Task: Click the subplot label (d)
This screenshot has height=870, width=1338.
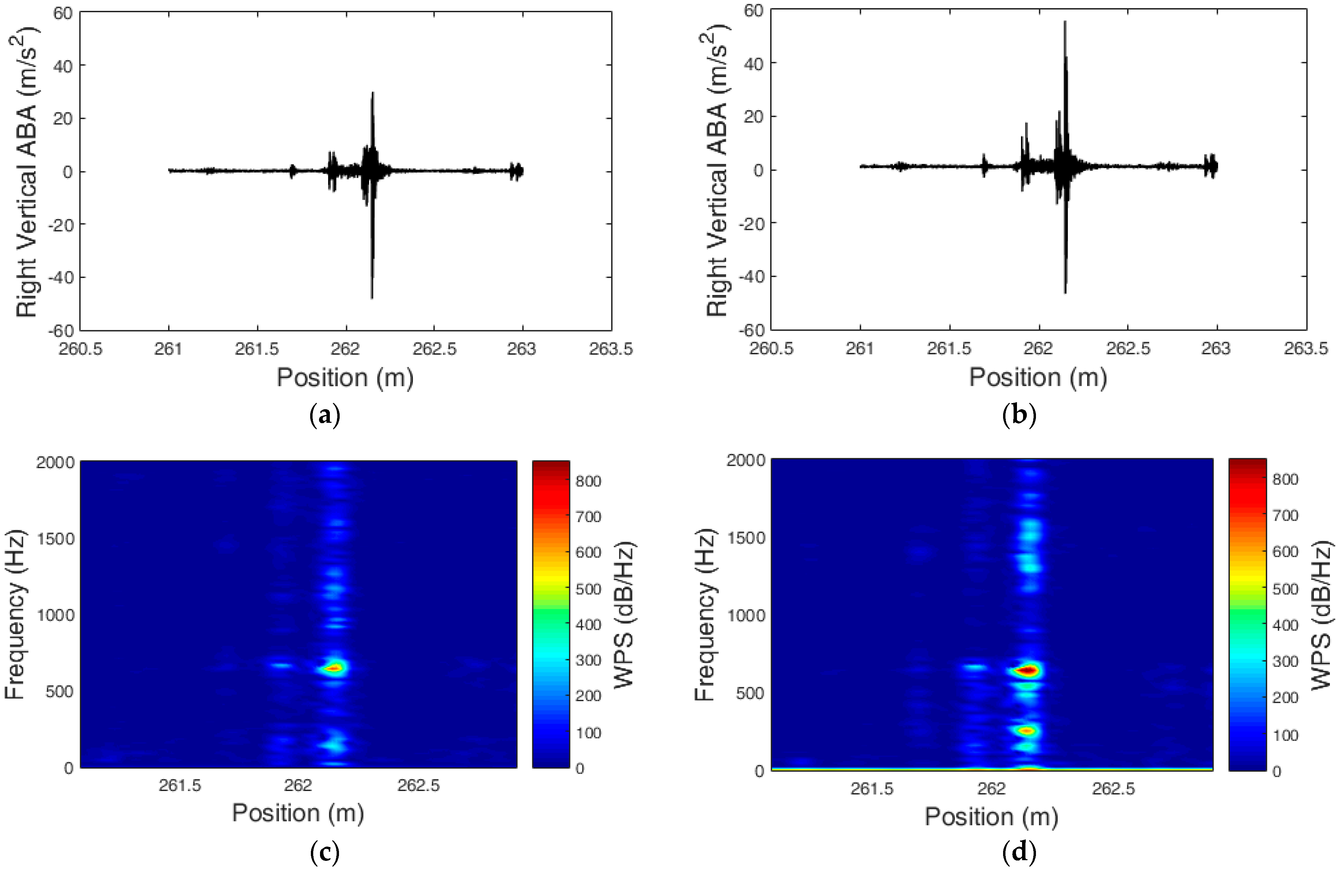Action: [1019, 853]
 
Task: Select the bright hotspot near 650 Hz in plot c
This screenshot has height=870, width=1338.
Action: [335, 668]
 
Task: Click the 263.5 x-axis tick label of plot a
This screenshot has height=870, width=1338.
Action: [611, 349]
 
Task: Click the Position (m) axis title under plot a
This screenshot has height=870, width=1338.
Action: [345, 377]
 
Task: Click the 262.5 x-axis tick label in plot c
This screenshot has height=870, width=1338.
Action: [418, 785]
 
